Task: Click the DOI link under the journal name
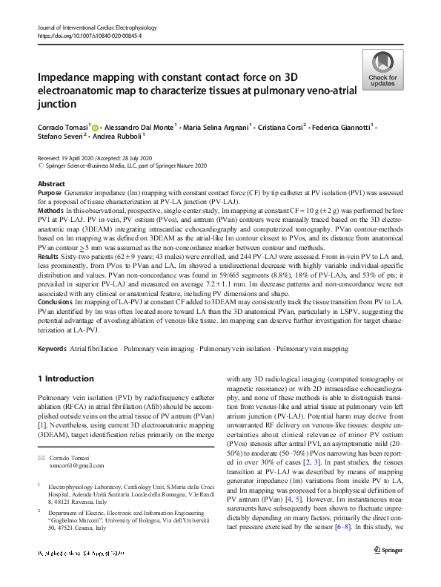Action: tap(80, 36)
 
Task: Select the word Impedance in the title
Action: tap(67, 78)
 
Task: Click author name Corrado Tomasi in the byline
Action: tap(62, 127)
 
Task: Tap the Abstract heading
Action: tap(51, 183)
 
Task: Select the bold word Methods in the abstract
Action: tap(50, 210)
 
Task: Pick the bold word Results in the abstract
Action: tap(49, 254)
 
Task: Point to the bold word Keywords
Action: tap(51, 348)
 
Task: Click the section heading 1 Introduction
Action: tap(65, 378)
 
